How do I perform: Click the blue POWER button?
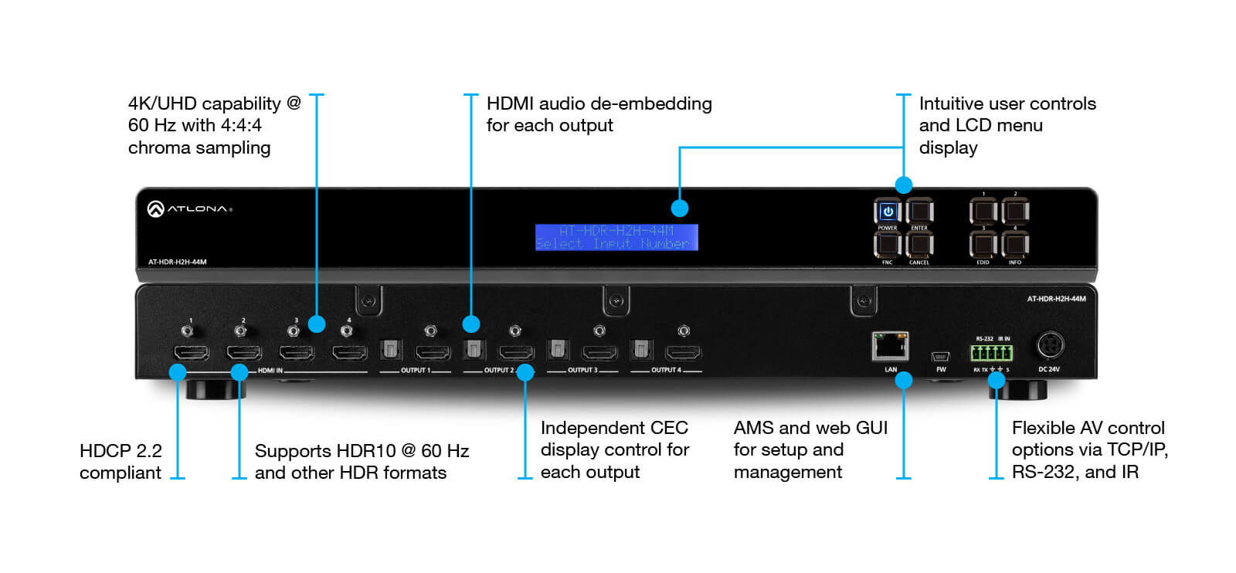[888, 211]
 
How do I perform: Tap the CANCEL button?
[919, 245]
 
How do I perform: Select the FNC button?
[888, 245]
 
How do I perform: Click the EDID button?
[983, 245]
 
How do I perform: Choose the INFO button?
[1015, 245]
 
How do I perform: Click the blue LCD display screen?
[616, 237]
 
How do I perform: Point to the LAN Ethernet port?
[890, 347]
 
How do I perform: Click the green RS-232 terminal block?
[992, 354]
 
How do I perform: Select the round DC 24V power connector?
[1049, 345]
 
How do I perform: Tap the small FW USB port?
[940, 357]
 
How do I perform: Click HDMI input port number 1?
[191, 353]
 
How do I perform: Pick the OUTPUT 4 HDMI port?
[683, 353]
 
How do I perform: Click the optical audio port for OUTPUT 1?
[390, 351]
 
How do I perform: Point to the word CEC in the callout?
[669, 428]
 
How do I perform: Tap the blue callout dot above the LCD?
[679, 208]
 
